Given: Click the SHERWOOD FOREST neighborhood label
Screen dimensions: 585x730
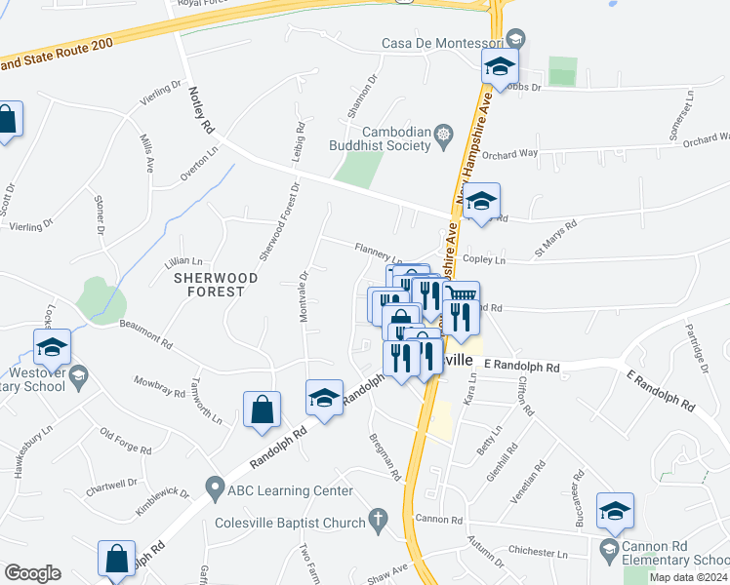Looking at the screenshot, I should coord(216,284).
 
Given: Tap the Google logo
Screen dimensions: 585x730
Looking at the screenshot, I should coord(32,572).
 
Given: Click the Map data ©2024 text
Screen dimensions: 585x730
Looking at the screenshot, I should coord(689,577).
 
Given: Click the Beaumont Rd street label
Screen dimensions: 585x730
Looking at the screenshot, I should coord(145,336).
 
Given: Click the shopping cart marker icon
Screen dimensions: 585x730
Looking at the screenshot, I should coord(461,293).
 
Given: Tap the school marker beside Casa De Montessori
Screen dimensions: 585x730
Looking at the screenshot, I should coord(500,67).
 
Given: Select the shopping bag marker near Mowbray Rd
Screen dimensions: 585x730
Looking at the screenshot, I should coord(263,410).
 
